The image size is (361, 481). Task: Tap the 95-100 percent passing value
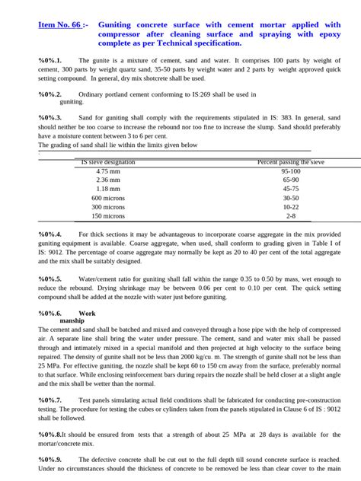[x=290, y=171]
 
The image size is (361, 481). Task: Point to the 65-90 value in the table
[x=290, y=180]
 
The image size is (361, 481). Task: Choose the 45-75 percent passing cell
[x=290, y=189]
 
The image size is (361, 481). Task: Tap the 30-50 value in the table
[x=290, y=198]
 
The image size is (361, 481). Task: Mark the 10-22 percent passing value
[x=290, y=207]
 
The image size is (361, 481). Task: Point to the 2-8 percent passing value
[x=290, y=216]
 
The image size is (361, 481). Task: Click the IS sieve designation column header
[x=108, y=162]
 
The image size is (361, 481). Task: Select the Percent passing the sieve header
[x=290, y=162]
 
